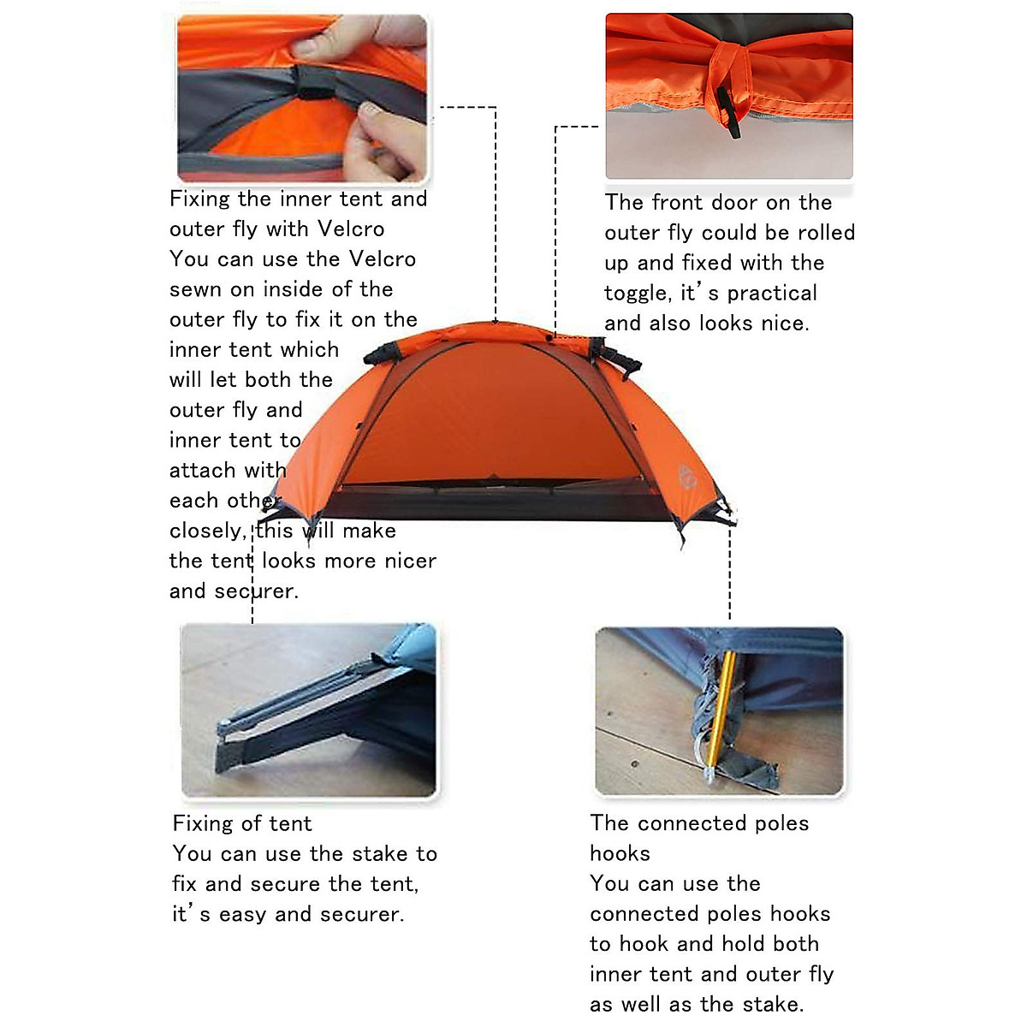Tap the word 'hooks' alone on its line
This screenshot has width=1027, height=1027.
click(620, 853)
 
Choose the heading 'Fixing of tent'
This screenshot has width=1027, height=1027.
click(242, 823)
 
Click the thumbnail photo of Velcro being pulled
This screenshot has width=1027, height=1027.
click(302, 98)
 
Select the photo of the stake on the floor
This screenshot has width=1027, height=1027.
click(308, 710)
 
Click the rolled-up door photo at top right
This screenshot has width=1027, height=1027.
click(729, 96)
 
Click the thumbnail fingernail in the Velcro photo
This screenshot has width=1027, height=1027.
click(371, 110)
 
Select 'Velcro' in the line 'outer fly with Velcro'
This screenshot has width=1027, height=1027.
click(351, 229)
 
